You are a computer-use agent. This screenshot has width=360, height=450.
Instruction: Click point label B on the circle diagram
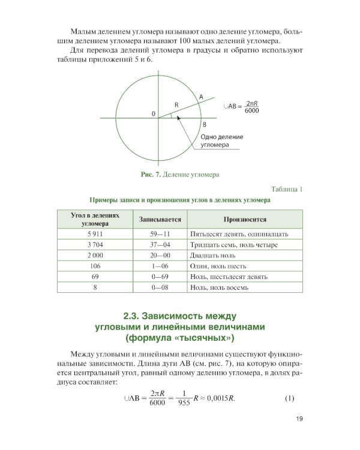204,124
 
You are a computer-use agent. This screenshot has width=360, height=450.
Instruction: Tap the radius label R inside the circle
176,104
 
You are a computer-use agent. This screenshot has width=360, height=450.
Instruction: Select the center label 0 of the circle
152,113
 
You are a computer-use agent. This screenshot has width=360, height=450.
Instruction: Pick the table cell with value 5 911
96,234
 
